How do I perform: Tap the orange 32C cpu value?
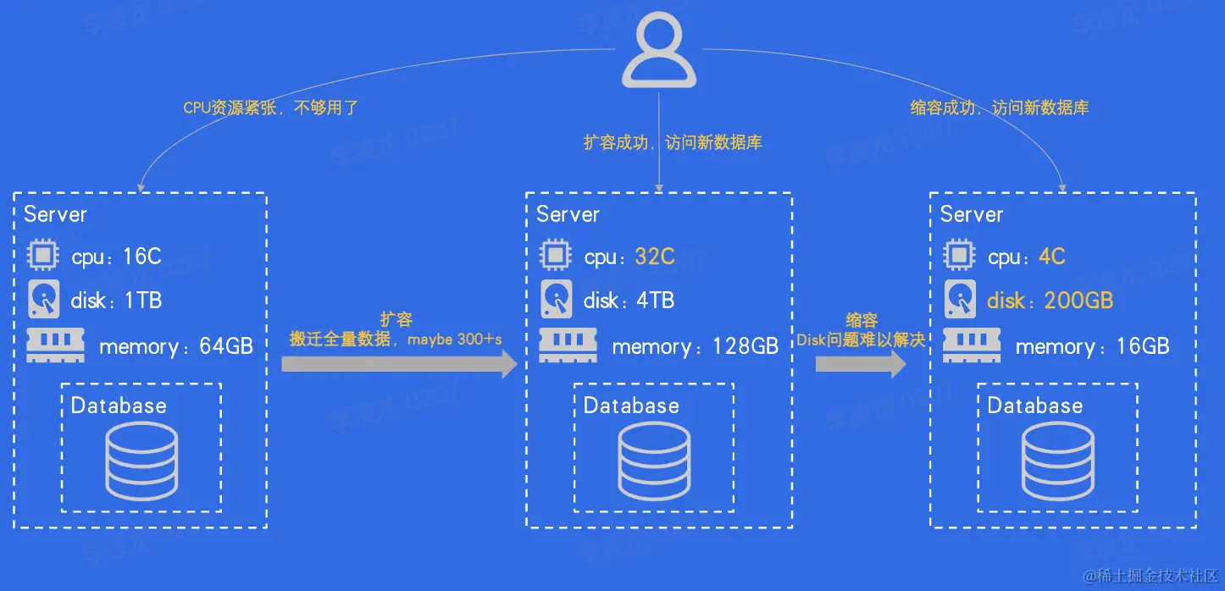coord(655,257)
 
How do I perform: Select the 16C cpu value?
coord(141,257)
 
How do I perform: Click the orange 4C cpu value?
coord(1051,257)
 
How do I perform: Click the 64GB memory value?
coord(224,346)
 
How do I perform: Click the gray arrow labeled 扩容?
coord(399,363)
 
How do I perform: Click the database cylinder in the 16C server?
coord(141,459)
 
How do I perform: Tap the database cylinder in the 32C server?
coord(654,459)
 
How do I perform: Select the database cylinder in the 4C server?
coord(1058,459)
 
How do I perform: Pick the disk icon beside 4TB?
coord(556,299)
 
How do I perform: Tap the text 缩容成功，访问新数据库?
coord(1000,108)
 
